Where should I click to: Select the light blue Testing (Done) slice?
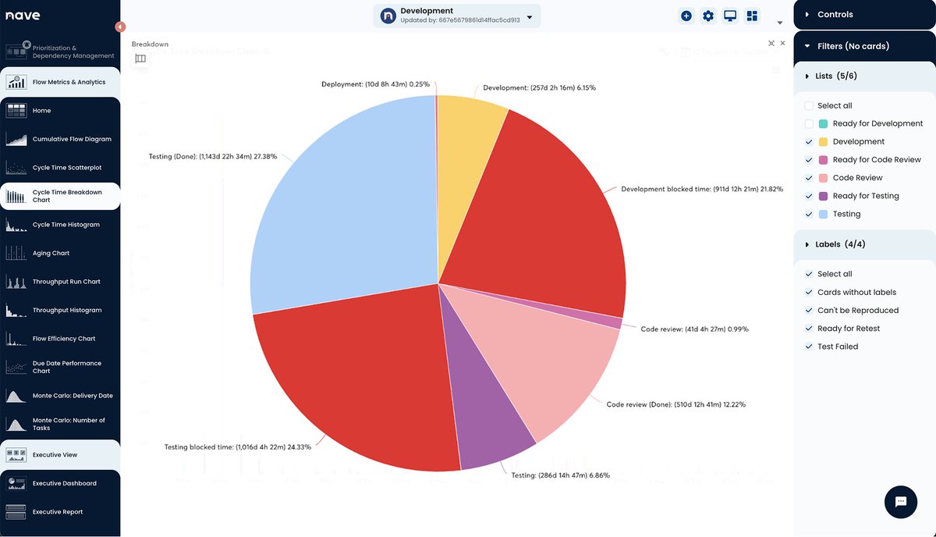coord(343,203)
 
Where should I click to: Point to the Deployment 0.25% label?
coord(375,84)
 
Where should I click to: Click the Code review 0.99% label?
coord(694,329)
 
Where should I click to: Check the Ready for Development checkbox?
coord(810,124)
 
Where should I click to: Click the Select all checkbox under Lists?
coord(810,106)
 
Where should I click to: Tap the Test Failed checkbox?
coord(810,347)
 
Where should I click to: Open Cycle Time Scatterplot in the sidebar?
coord(66,168)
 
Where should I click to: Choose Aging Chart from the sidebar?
coord(51,254)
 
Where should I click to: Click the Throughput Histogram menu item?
coord(66,311)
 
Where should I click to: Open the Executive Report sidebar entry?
coord(57,512)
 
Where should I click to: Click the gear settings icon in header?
coord(708,16)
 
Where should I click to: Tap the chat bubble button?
coord(900,501)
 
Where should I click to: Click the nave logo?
coord(23,16)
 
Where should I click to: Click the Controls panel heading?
coord(835,15)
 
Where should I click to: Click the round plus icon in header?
coord(686,16)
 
